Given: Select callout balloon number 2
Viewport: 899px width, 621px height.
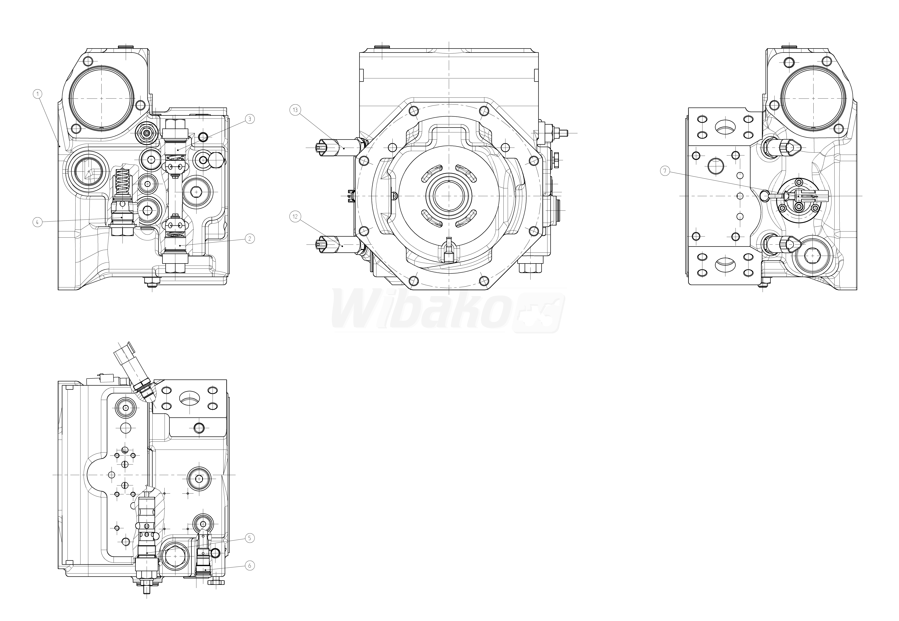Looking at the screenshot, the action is pos(250,239).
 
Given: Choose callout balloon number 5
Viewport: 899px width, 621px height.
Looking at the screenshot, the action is pos(250,538).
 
